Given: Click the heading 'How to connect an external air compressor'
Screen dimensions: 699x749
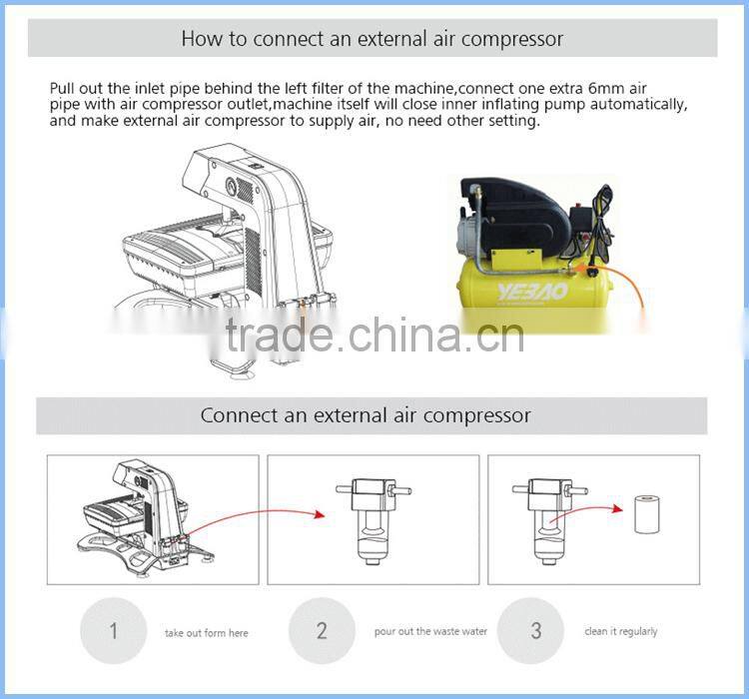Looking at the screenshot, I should (372, 40).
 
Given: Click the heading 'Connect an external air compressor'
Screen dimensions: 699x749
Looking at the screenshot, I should (366, 415).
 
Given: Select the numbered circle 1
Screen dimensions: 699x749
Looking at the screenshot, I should (113, 631).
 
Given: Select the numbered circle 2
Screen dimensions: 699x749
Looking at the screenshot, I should (322, 631).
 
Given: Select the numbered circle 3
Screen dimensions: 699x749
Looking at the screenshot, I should (536, 631).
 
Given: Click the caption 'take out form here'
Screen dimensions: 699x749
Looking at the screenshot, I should (206, 633).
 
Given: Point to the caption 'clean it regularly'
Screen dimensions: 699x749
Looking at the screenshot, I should (621, 631).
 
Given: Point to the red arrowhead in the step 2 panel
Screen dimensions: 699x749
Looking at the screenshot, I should (320, 515).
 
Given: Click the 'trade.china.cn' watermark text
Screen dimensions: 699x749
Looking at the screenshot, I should (374, 336).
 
